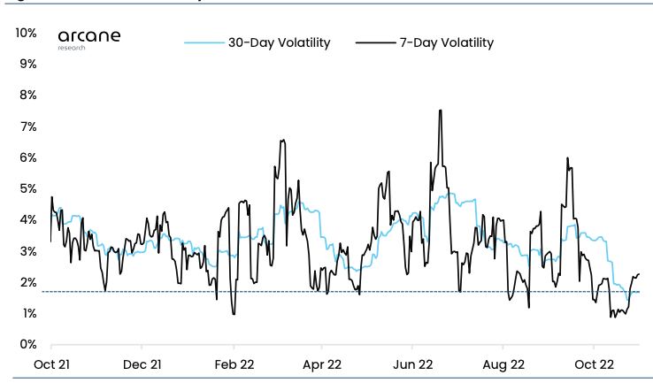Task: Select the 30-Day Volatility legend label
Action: [x=279, y=42]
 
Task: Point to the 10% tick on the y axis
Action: [x=26, y=34]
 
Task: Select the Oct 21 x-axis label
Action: [x=51, y=364]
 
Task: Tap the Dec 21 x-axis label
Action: [x=142, y=364]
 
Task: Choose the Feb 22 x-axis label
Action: [x=233, y=364]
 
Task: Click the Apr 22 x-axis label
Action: [x=322, y=364]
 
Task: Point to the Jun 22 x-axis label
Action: [x=412, y=364]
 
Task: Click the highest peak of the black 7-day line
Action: [x=440, y=111]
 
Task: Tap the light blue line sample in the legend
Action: [x=204, y=42]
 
